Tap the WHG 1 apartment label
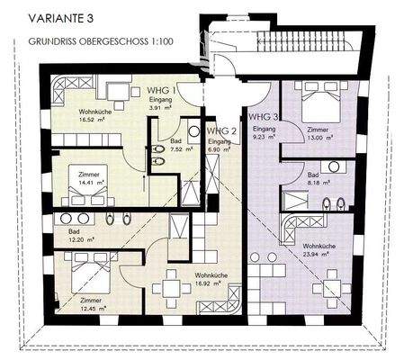click(162, 91)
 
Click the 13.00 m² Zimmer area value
click(319, 139)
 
